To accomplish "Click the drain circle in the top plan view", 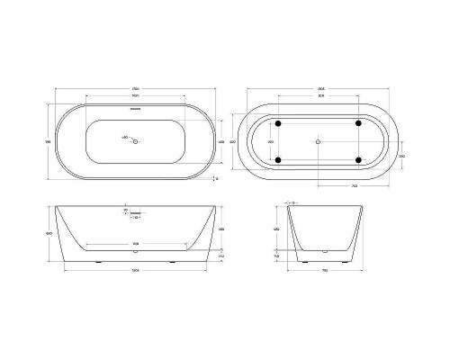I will coord(136,141).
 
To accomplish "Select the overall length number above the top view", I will coord(136,88).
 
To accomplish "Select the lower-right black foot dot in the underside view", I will coord(359,160).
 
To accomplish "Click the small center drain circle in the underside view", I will coord(319,141).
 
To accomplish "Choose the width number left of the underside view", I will coord(234,141).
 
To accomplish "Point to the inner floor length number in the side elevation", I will coord(136,244).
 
